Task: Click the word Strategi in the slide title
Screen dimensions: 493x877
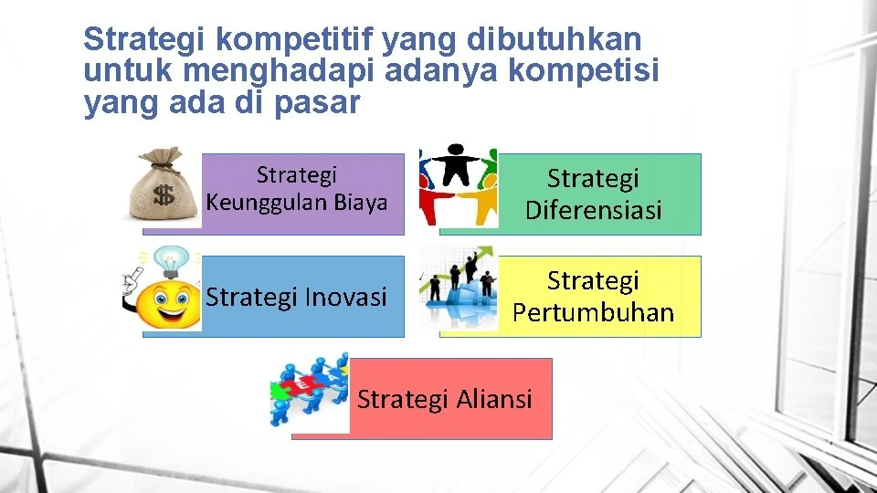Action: (137, 39)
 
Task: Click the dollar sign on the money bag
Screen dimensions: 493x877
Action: (164, 195)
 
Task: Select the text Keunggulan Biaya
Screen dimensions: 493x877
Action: (297, 203)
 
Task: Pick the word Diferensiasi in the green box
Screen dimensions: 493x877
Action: (593, 210)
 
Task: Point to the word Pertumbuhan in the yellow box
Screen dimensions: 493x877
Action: (593, 312)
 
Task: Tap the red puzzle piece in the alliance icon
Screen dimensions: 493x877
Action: (311, 389)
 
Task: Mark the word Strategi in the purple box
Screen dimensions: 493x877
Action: (297, 174)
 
